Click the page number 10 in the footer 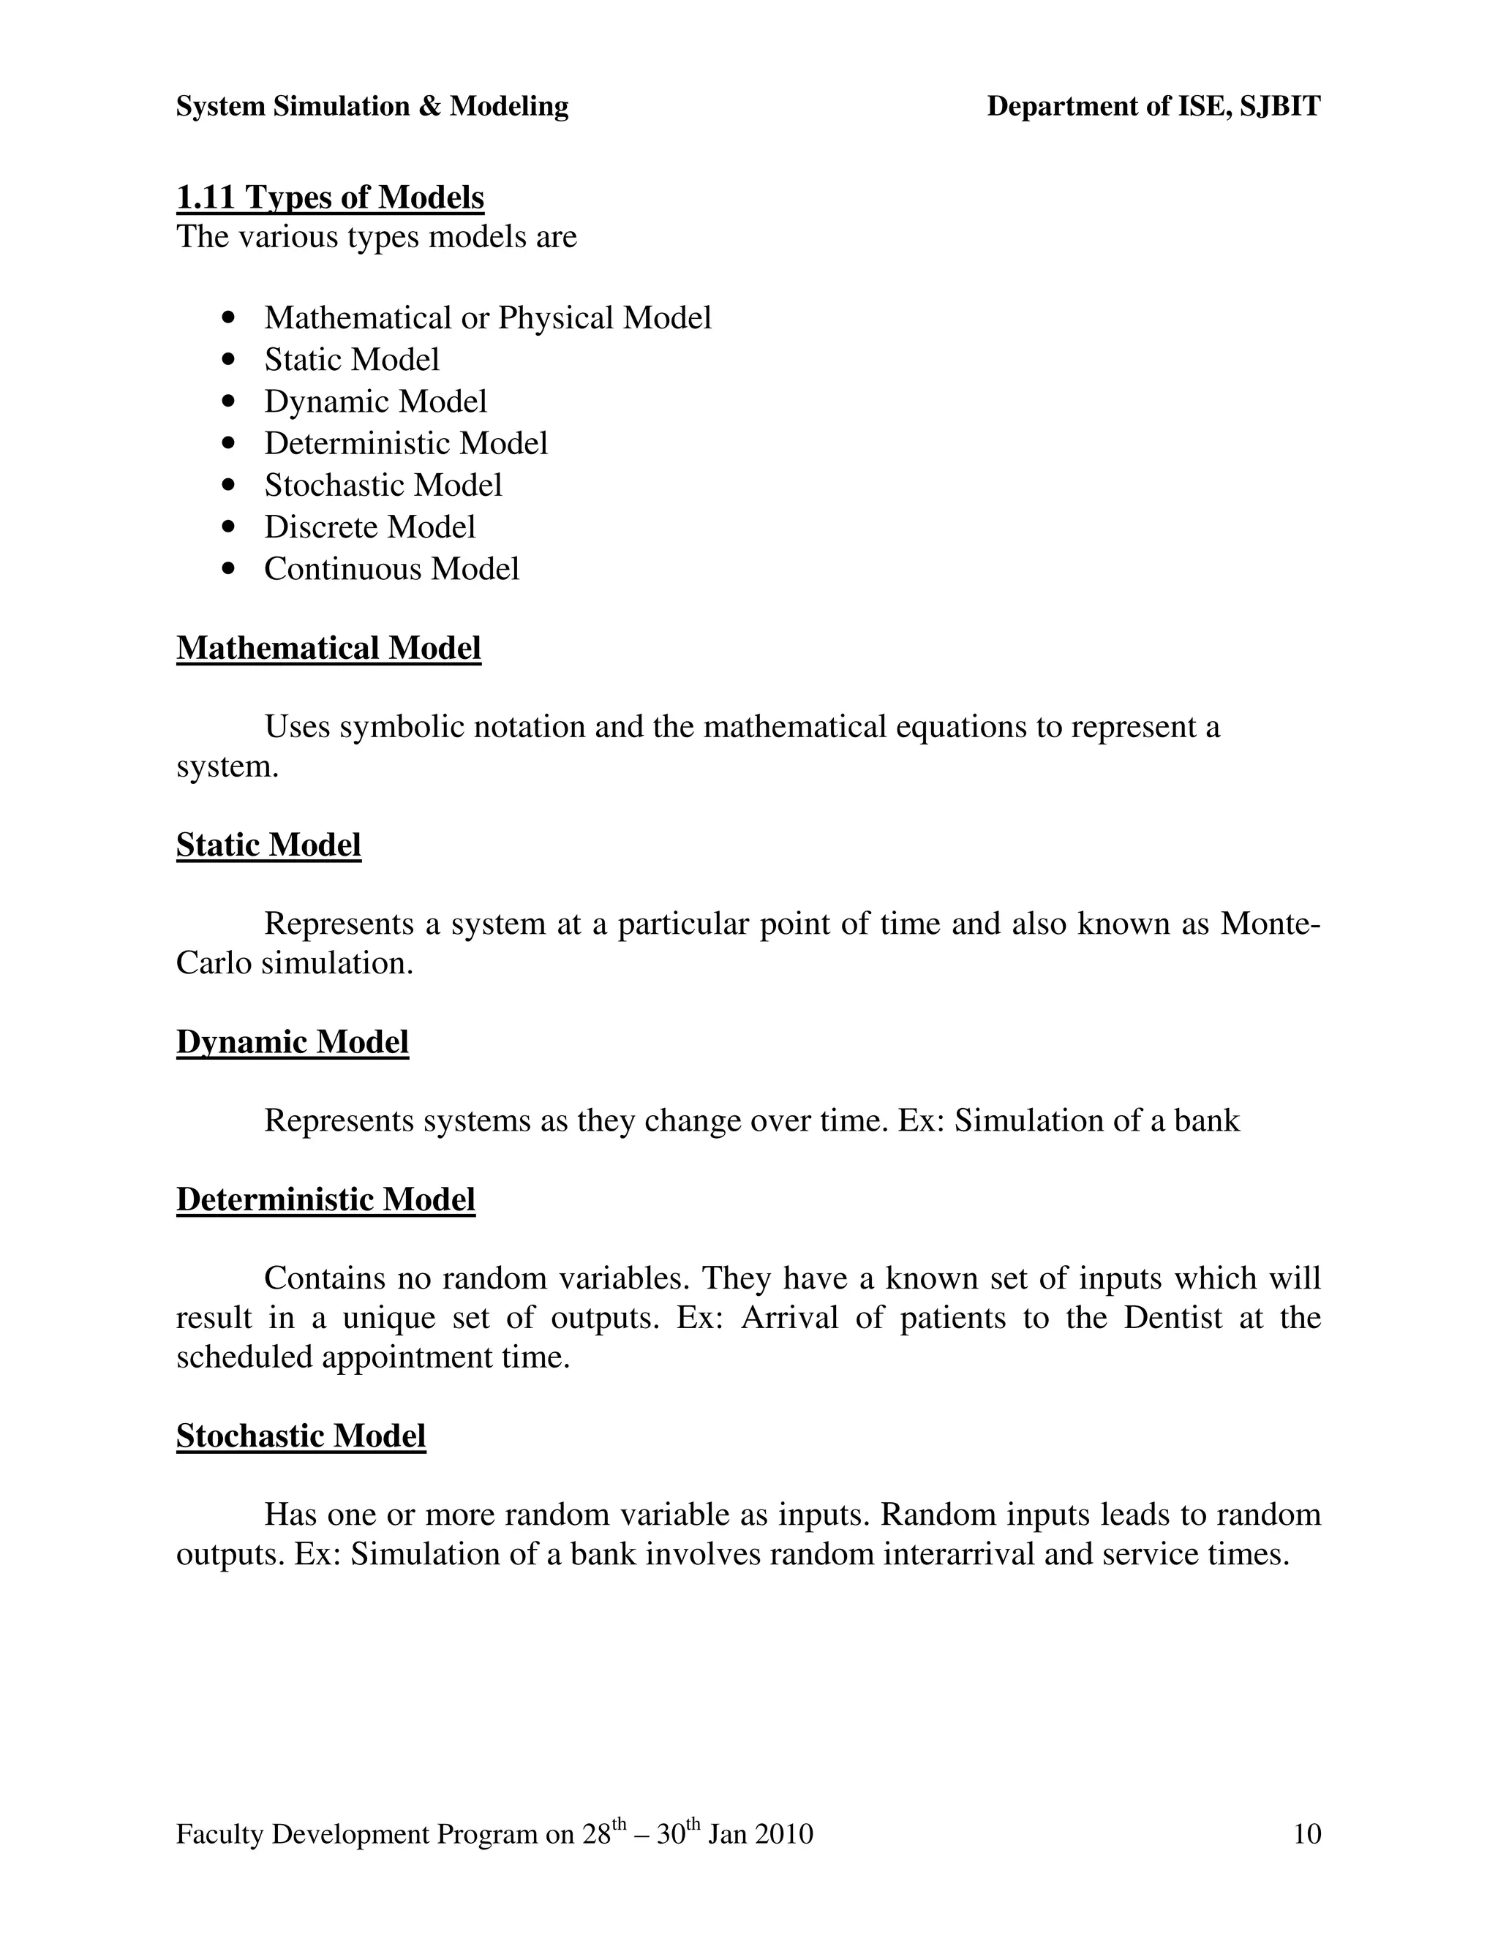coord(1307,1833)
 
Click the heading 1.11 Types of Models coord(330,197)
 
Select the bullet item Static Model coord(351,359)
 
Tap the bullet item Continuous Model coord(391,569)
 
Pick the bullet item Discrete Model coord(369,527)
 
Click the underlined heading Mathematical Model coord(328,648)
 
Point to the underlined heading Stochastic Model coord(301,1436)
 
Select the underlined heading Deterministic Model coord(325,1199)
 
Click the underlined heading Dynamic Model coord(292,1041)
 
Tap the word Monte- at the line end coord(1270,924)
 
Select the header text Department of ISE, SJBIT coord(1153,107)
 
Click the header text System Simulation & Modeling coord(372,107)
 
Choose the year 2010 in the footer coord(783,1834)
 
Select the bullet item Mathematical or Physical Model coord(487,317)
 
